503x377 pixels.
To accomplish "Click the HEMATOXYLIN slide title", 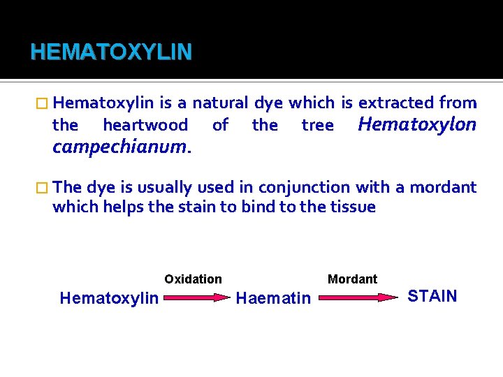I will point(110,52).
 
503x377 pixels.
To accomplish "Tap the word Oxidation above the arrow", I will point(193,279).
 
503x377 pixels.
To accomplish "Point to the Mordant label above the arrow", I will point(352,279).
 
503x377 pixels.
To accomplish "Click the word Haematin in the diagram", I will point(273,298).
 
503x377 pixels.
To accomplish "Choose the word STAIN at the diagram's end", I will point(432,296).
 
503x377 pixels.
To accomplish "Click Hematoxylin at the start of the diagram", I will point(109,298).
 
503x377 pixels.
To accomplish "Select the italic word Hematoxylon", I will point(417,124).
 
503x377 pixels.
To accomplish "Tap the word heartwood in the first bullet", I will point(145,126).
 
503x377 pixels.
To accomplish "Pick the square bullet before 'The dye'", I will point(44,188).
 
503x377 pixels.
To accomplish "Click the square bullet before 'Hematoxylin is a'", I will point(44,104).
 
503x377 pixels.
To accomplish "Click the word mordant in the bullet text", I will point(443,187).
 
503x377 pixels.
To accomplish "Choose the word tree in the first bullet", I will point(317,126).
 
